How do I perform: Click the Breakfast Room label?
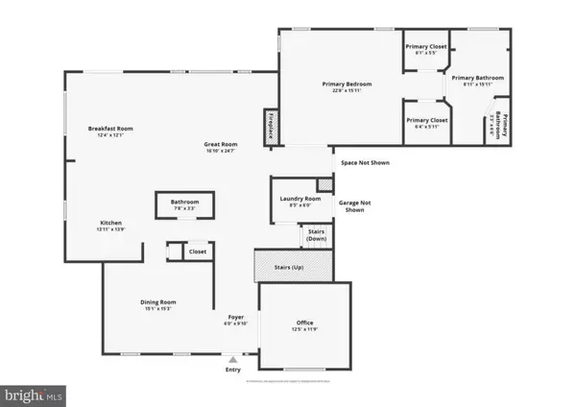[110, 131]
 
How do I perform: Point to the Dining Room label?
[158, 304]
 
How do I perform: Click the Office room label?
[304, 325]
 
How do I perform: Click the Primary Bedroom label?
[346, 87]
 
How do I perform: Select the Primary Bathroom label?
[471, 81]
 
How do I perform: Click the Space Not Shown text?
[365, 162]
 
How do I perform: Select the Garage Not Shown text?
[354, 206]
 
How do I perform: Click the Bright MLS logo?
[35, 394]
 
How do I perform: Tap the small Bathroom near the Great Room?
[184, 204]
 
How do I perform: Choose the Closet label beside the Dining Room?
[197, 251]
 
